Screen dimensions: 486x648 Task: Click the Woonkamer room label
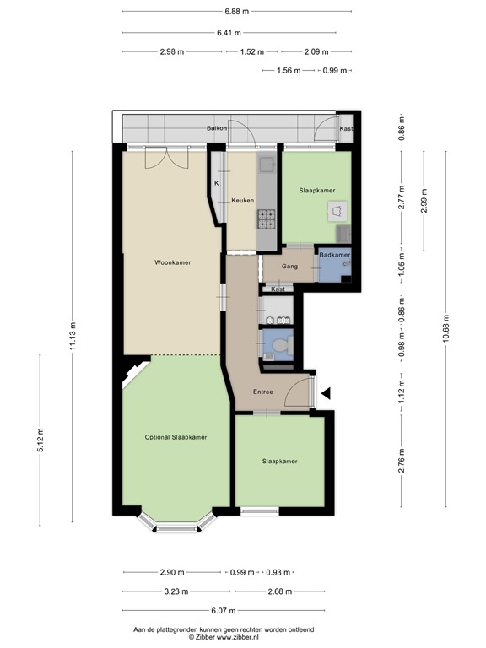pyautogui.click(x=173, y=262)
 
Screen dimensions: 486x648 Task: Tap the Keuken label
pyautogui.click(x=243, y=201)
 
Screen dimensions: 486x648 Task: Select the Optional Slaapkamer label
pyautogui.click(x=175, y=437)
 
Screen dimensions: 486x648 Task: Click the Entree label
pyautogui.click(x=263, y=391)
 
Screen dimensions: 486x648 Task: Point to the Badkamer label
pyautogui.click(x=335, y=255)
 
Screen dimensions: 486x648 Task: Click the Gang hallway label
pyautogui.click(x=289, y=267)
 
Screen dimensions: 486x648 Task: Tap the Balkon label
pyautogui.click(x=217, y=128)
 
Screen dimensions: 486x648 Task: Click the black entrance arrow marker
pyautogui.click(x=326, y=393)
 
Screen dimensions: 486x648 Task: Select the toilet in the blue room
pyautogui.click(x=283, y=344)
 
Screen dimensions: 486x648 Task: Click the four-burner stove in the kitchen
pyautogui.click(x=267, y=219)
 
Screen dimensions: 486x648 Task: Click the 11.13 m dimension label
pyautogui.click(x=73, y=336)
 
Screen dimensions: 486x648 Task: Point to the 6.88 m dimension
pyautogui.click(x=237, y=12)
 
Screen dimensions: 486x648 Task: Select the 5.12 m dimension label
pyautogui.click(x=40, y=440)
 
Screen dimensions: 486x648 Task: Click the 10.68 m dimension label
pyautogui.click(x=445, y=329)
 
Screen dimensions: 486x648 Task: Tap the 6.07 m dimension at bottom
pyautogui.click(x=223, y=610)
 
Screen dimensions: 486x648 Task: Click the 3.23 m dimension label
pyautogui.click(x=176, y=591)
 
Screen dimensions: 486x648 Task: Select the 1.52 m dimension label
pyautogui.click(x=251, y=51)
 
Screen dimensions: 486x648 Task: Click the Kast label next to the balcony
pyautogui.click(x=346, y=128)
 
